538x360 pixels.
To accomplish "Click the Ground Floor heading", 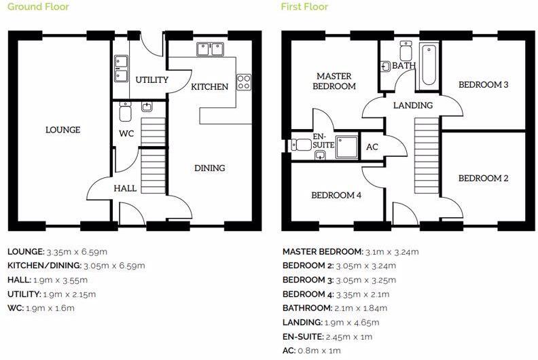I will point(38,7).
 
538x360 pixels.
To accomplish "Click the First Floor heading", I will point(304,7).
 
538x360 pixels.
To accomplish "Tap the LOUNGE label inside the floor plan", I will point(62,130).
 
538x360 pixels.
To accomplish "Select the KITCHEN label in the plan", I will point(209,87).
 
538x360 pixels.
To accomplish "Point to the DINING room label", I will point(210,168).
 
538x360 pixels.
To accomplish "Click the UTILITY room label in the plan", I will point(151,79).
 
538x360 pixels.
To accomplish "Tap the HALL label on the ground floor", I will point(125,188).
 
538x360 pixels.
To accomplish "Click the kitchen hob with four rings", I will point(244,82).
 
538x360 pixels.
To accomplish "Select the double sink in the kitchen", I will point(211,49).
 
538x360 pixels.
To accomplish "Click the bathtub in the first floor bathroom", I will point(428,65).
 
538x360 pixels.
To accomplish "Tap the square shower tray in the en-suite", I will point(346,145).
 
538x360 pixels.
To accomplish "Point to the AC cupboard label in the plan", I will point(372,147).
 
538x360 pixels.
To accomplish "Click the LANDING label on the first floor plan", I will point(413,105).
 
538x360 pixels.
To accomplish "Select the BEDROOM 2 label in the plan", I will point(484,178).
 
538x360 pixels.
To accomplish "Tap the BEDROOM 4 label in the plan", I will point(336,195).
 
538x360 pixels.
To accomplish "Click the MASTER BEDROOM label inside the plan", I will point(334,81).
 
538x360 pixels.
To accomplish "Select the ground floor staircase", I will point(153,156).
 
